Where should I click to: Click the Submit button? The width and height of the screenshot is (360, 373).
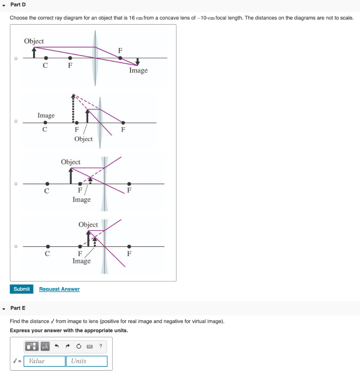tap(21, 289)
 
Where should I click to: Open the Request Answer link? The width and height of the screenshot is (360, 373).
tap(59, 289)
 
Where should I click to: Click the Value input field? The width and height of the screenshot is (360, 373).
tap(44, 361)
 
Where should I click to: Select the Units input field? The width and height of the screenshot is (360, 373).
tap(86, 361)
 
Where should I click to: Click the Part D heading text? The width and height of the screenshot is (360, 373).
tap(18, 4)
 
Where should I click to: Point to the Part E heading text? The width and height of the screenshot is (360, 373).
tap(18, 308)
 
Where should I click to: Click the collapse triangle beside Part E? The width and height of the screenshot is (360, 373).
tap(4, 309)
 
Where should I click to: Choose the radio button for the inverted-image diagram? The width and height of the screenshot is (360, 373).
tap(16, 58)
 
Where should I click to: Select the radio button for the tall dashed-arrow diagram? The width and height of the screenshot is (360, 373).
tap(16, 121)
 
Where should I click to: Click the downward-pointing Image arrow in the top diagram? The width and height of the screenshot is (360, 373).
tap(137, 61)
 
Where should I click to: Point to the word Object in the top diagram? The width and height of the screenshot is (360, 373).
tap(34, 41)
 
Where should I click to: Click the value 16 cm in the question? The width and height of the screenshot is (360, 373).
tap(136, 17)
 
